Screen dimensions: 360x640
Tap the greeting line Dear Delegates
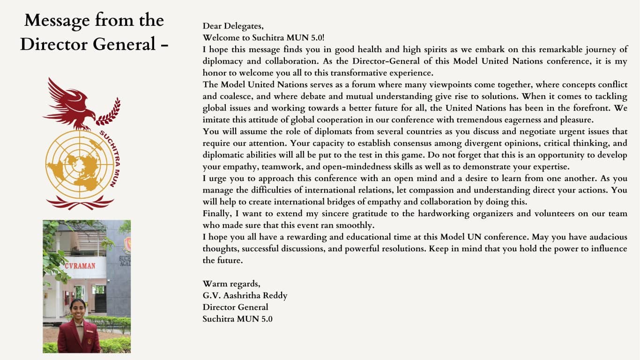233,26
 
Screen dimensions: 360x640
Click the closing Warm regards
231,284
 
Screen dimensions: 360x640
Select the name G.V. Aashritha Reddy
245,296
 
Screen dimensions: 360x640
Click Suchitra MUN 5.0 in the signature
237,319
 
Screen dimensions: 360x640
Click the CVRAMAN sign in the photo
80,266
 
